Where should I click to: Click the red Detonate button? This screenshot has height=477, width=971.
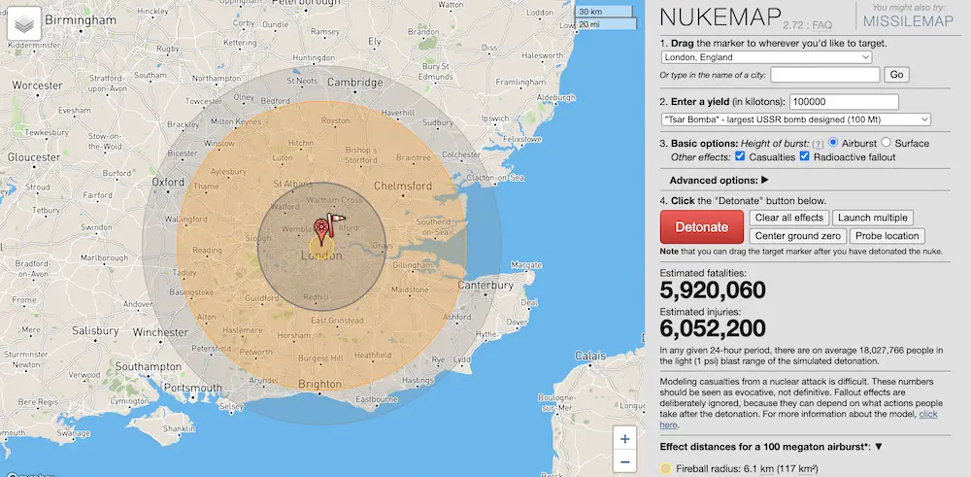pos(701,226)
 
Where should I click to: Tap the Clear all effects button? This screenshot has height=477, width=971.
pos(789,218)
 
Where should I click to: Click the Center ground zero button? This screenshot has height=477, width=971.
pos(797,236)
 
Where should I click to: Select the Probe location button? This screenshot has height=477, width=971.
pos(887,236)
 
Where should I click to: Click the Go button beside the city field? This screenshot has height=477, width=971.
pos(896,75)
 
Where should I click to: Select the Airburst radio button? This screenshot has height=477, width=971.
pos(834,143)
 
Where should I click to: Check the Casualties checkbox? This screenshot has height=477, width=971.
pos(741,156)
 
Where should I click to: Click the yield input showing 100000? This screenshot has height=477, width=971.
pos(844,102)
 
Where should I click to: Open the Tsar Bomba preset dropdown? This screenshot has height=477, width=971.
pos(795,119)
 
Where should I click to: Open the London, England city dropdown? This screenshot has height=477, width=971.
pos(766,57)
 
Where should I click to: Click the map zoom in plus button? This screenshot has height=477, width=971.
pos(625,438)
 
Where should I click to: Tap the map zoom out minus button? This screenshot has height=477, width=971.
pos(625,461)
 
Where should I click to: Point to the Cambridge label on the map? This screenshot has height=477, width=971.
pos(354,83)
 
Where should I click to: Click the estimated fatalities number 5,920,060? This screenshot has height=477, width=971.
pos(713,290)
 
